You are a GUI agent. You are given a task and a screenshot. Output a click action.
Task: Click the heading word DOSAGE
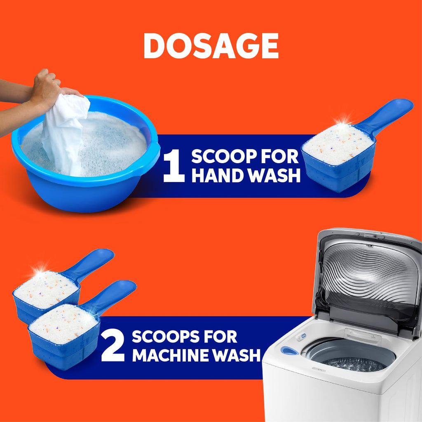click(211, 46)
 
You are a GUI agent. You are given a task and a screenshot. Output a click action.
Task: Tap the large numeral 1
click(174, 166)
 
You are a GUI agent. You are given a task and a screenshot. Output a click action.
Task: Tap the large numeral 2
click(113, 346)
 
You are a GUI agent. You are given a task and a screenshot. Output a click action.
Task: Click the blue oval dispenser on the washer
click(290, 351)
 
